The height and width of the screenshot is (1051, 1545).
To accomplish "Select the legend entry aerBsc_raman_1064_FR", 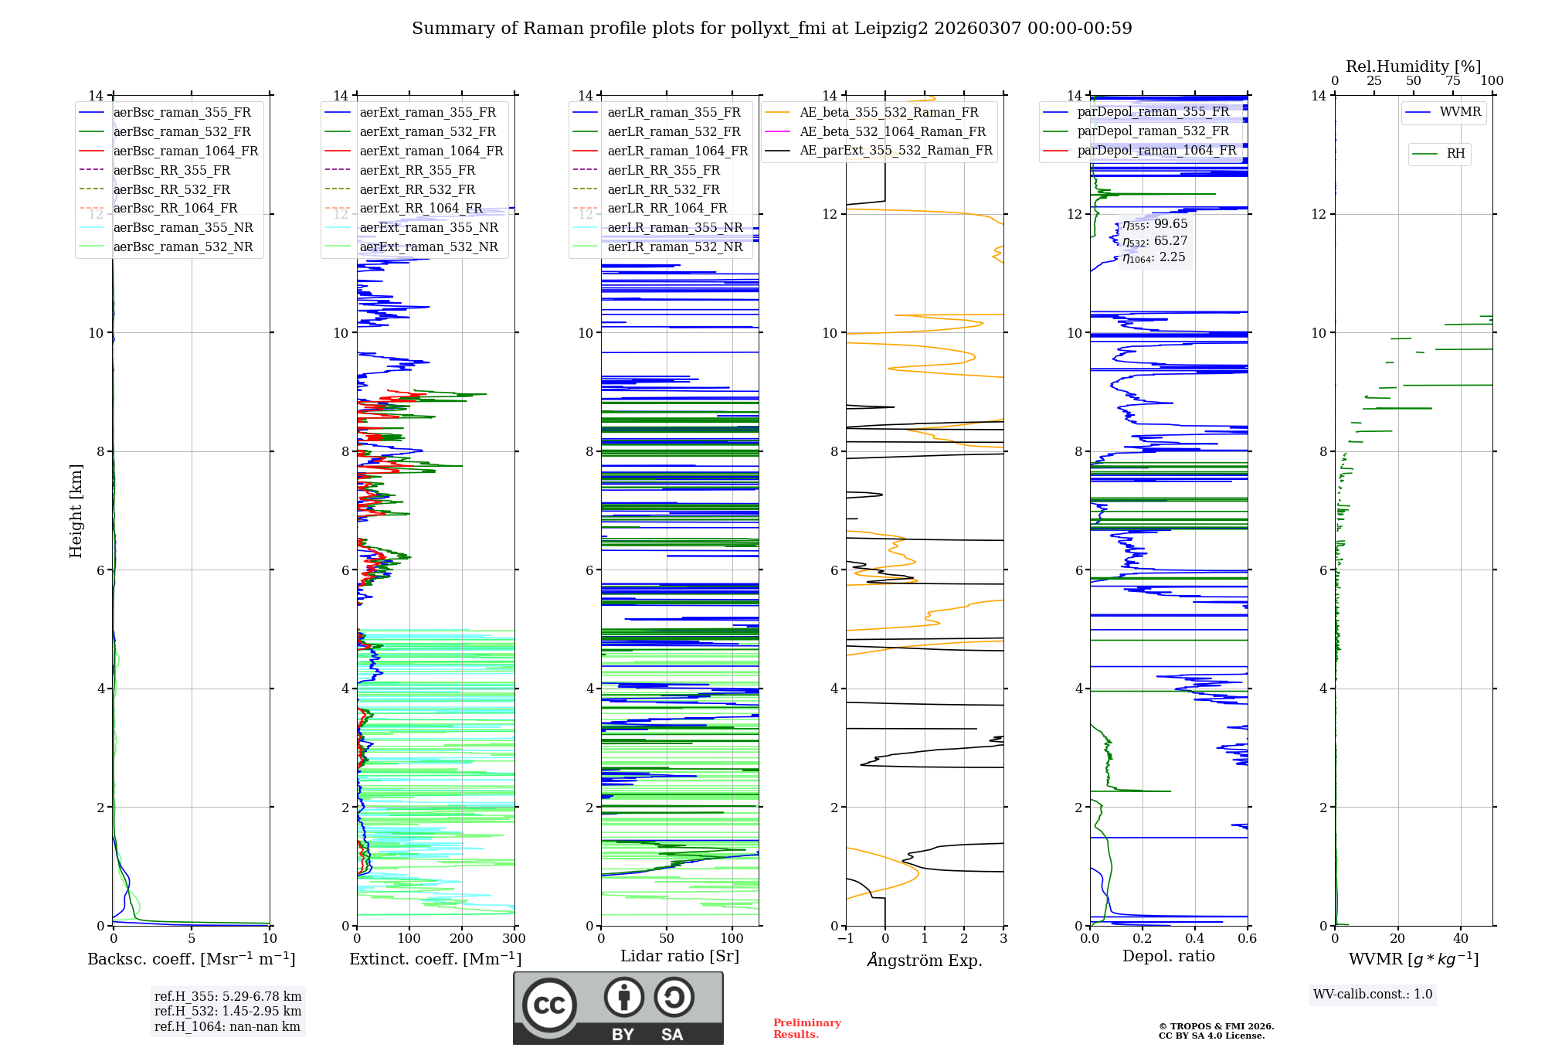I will coord(185,151).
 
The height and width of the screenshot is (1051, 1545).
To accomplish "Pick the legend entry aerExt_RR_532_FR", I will coord(417,189).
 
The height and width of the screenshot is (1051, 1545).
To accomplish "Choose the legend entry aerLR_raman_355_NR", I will coord(674,227).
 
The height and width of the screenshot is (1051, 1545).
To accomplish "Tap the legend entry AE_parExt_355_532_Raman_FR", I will coord(895,150).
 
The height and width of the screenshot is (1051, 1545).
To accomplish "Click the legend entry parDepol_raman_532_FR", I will coord(1153,131).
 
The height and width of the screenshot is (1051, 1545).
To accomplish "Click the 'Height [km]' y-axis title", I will coord(76,510).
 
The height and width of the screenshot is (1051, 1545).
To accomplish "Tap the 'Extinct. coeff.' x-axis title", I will coord(435,959).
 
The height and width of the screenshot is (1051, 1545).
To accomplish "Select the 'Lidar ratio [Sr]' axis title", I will coord(679,956).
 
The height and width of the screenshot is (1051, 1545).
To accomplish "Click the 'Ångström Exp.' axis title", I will coord(924,961).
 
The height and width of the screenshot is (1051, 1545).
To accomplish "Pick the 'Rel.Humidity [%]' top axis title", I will coord(1413,66).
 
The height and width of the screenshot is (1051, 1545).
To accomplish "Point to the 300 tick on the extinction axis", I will coord(514,939).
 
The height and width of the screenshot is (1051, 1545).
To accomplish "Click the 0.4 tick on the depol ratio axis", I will coord(1194,939).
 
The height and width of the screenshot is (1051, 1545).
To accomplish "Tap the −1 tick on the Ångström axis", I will coord(846,939).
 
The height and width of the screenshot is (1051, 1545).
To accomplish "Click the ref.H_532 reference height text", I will coord(227,1011).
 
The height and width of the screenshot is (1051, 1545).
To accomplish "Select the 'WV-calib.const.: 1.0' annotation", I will coord(1372,994).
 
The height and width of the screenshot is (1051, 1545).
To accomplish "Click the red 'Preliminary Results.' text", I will coord(806,1028).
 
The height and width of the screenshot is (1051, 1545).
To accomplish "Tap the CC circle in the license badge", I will coord(549,1005).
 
